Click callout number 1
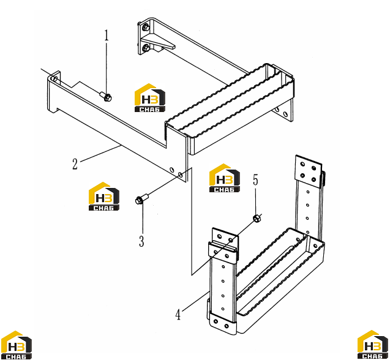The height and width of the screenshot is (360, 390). point(107,36)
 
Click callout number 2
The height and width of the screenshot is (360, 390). point(75,164)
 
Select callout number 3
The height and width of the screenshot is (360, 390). point(141,241)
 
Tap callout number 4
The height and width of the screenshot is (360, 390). point(178,315)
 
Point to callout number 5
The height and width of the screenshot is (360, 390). point(255,179)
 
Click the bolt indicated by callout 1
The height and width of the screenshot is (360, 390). point(106,96)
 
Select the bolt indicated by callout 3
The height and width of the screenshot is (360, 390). point(142,199)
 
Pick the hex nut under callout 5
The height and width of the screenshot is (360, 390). point(256,218)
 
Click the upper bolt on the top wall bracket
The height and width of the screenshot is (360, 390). point(146,28)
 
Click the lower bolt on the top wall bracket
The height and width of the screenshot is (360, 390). point(146,47)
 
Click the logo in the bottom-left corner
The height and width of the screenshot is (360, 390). point(16,345)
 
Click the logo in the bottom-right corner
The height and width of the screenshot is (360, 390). point(373,345)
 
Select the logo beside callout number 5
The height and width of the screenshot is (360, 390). point(224,178)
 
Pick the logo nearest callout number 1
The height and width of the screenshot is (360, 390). point(150,97)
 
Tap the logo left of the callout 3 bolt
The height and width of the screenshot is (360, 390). point(104,197)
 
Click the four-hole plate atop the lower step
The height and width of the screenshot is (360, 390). point(308,171)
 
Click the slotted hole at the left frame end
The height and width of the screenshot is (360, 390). point(55,79)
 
